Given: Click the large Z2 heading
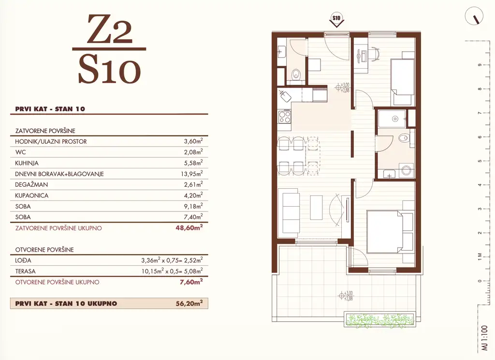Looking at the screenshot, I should tap(109, 30).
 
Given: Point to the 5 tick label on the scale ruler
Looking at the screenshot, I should tap(479, 161).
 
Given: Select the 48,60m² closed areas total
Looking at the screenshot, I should tap(189, 228).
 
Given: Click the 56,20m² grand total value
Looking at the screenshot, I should tap(189, 304).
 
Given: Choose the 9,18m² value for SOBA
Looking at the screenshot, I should tap(191, 206).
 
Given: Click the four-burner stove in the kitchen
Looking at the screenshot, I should tap(284, 117).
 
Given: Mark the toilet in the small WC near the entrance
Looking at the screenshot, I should tap(296, 75).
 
